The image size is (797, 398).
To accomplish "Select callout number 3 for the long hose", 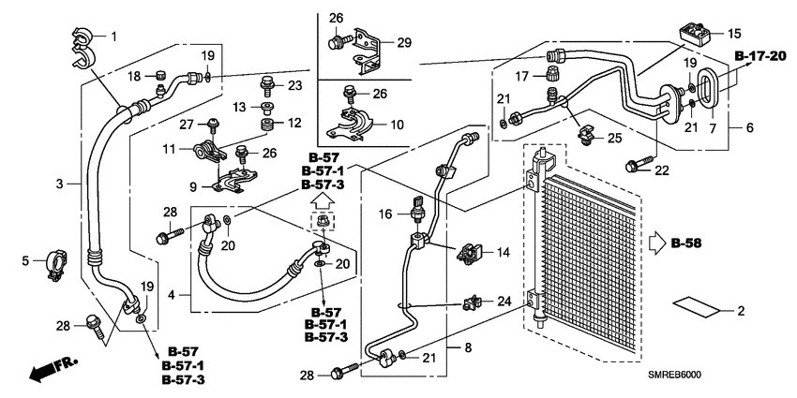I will [x=59, y=184].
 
